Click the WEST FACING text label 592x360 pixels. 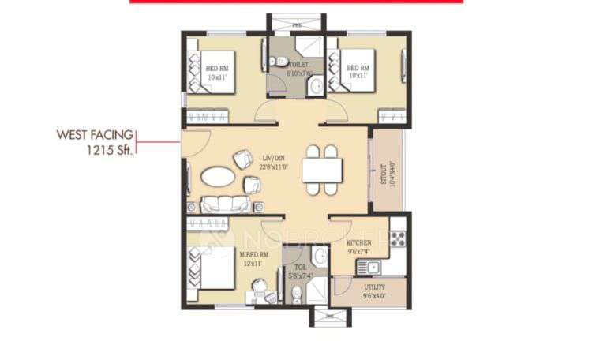click(x=94, y=135)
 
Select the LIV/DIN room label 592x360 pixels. click(x=274, y=158)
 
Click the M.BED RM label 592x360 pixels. click(x=254, y=254)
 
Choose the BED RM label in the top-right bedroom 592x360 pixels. click(x=358, y=68)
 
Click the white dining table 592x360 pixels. click(x=323, y=170)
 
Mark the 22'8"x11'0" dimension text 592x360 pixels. click(x=274, y=167)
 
